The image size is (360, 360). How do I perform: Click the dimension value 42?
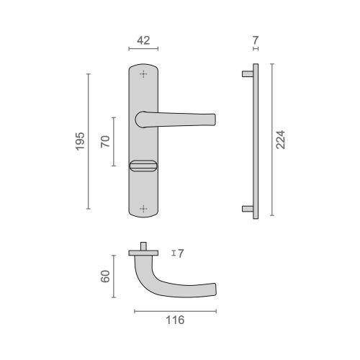point(143,40)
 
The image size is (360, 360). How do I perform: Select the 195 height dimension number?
point(80,141)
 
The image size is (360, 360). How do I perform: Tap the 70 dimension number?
point(105,142)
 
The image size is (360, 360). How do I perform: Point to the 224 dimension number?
point(280,140)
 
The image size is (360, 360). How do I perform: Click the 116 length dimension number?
point(175,320)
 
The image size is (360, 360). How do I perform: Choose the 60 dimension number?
point(105,276)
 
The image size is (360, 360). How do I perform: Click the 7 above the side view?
point(256,40)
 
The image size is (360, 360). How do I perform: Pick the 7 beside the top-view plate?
point(181,253)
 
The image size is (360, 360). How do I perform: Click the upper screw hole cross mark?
point(143,74)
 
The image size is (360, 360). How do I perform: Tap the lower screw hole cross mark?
point(143,209)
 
